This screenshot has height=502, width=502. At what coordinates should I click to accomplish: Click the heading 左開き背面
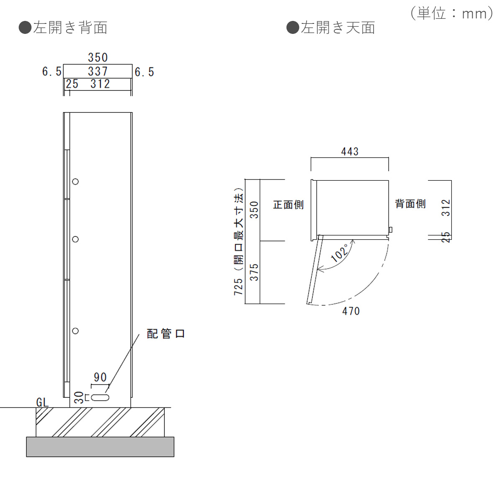64,28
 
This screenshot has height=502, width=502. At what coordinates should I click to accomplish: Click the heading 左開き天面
331,28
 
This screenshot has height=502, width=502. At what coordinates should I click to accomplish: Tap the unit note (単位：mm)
452,13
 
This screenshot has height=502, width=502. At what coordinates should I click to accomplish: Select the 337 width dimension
97,72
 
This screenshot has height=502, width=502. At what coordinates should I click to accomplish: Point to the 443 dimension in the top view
350,151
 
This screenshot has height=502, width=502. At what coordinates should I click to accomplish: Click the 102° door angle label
340,253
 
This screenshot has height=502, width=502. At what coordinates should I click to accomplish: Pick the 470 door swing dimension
351,311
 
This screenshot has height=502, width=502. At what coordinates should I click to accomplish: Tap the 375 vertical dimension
254,272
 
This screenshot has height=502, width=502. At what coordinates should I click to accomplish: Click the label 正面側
288,205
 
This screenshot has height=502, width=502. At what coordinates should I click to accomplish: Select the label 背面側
410,204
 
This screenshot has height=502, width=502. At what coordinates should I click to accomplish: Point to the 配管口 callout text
166,333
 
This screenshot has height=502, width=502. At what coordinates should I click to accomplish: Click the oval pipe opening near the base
100,397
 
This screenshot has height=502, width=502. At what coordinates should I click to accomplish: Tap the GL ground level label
42,402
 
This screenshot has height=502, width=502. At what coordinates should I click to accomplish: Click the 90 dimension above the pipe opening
100,377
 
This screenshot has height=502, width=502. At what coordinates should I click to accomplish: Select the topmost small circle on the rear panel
75,182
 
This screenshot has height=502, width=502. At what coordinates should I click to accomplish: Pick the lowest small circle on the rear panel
75,331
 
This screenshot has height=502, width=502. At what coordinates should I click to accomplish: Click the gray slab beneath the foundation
100,447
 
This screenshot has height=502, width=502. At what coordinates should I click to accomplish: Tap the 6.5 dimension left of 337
52,72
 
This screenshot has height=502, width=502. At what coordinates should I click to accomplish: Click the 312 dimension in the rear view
100,84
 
